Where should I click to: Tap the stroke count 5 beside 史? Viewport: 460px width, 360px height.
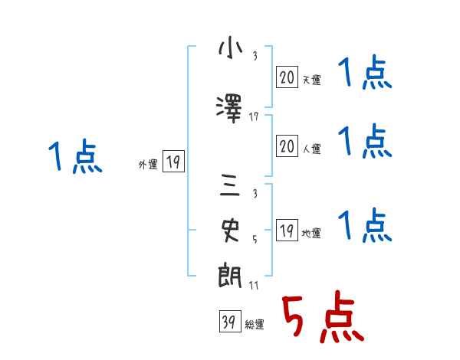click(254, 239)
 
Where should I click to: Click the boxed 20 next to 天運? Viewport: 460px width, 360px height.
click(287, 77)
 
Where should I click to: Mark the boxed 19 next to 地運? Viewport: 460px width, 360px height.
click(287, 231)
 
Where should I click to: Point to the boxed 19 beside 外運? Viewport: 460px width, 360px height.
click(173, 162)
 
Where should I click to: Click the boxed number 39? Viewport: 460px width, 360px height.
click(228, 322)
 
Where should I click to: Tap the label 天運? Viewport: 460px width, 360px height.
click(311, 80)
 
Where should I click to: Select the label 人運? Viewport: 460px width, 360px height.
click(311, 149)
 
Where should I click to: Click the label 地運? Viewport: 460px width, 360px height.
click(311, 233)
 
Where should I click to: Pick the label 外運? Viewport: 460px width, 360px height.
click(147, 164)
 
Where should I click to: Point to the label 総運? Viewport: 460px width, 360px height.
click(254, 325)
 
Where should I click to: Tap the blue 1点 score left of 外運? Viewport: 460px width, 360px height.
click(74, 159)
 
